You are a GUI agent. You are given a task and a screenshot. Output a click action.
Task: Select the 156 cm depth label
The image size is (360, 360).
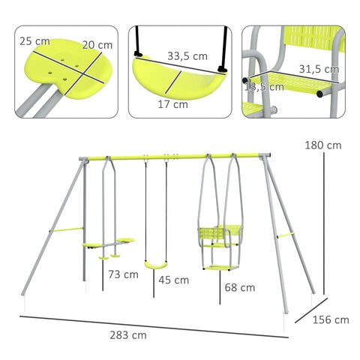click(x=331, y=319)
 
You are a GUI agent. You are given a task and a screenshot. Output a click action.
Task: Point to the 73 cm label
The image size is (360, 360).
click(x=123, y=274)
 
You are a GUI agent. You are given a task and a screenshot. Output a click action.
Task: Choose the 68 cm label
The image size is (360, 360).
click(x=239, y=286)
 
